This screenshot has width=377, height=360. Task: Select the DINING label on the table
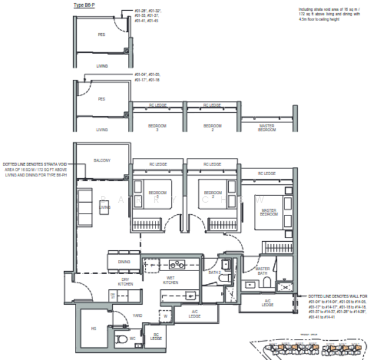tap(124, 262)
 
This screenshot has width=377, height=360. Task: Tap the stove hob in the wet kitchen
tap(176, 263)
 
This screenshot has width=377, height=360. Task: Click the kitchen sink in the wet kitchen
tap(189, 293)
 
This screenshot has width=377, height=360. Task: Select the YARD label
tap(121, 314)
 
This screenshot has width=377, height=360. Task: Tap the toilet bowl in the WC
tap(123, 339)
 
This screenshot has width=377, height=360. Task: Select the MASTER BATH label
tap(262, 272)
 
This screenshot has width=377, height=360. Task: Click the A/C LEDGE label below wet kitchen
tap(194, 314)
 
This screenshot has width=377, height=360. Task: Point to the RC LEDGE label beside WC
tap(156, 338)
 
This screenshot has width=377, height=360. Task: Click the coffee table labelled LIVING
tap(105, 207)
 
